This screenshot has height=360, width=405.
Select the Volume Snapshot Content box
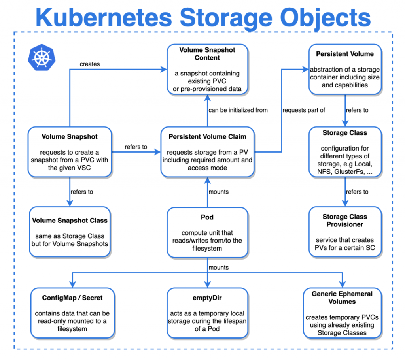[x=207, y=70]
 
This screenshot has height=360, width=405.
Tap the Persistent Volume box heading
[x=344, y=54]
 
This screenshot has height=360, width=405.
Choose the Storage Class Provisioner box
[x=345, y=232]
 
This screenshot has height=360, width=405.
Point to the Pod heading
[x=207, y=217]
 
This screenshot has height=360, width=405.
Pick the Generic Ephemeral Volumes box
[x=342, y=313]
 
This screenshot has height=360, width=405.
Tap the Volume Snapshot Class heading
[x=70, y=221]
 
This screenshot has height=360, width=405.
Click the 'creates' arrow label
[x=90, y=64]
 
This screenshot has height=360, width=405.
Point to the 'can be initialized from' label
[x=238, y=110]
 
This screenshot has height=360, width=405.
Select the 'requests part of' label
[x=304, y=110]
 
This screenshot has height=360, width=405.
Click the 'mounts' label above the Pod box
[x=218, y=192]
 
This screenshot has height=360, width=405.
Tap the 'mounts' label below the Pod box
[x=218, y=267]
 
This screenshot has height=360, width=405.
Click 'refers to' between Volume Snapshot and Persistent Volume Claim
[x=136, y=147]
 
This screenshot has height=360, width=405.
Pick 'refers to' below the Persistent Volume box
[x=357, y=110]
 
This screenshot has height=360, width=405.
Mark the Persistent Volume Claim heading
[x=207, y=137]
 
